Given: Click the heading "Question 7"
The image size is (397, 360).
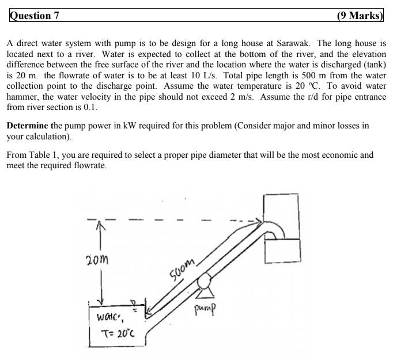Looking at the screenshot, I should [35, 16].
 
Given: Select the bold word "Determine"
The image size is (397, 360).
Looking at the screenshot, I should [28, 125].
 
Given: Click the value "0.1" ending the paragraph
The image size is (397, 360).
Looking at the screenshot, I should [92, 107].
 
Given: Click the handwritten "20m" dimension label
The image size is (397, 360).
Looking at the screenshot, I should [98, 259].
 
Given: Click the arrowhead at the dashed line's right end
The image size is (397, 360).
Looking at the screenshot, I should [257, 221].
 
